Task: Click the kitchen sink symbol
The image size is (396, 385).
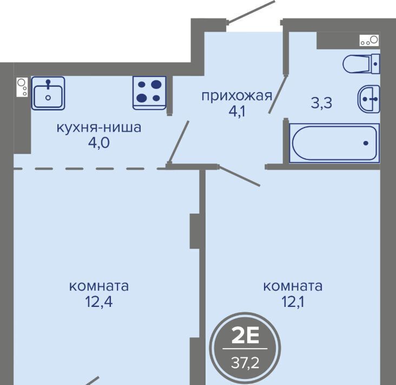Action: (48, 93)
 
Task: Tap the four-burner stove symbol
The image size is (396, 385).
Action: (149, 93)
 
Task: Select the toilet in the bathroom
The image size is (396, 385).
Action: (361, 64)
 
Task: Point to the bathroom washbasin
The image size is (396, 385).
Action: (369, 99)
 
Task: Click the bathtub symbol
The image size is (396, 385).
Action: (334, 143)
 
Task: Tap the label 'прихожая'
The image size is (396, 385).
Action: (236, 96)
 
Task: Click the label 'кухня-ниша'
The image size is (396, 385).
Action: (99, 127)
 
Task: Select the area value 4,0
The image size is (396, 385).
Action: (99, 143)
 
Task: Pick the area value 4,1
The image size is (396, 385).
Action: (237, 112)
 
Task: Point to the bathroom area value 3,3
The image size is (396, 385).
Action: (321, 103)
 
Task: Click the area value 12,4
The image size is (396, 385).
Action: (99, 301)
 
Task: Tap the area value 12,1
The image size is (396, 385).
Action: (293, 301)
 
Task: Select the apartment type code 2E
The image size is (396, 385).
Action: (245, 337)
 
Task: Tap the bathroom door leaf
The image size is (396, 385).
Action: (278, 94)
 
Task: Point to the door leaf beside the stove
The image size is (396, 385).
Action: (179, 142)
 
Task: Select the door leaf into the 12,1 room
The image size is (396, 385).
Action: (240, 176)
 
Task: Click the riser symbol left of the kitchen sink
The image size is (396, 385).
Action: (22, 87)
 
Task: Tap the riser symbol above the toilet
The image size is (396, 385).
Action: (369, 41)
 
